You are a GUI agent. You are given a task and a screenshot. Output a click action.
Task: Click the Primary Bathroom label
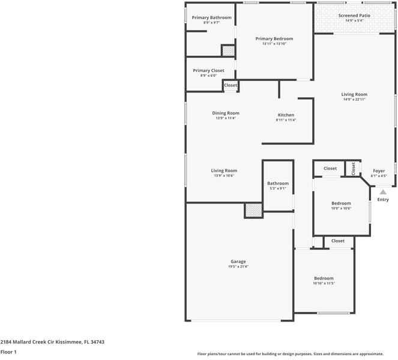(x=211, y=17)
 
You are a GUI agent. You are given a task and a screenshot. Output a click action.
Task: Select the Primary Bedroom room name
(x=274, y=38)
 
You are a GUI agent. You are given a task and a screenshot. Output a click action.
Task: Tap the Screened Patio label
(x=354, y=16)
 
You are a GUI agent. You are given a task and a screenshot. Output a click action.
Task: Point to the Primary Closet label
(x=208, y=71)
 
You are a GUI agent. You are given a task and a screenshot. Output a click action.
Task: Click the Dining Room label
(x=226, y=113)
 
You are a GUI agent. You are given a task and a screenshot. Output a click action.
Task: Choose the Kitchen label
(x=286, y=115)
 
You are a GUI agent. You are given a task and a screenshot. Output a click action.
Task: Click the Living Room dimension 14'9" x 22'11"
(x=354, y=100)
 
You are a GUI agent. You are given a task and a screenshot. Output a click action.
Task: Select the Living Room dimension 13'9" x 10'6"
(x=224, y=176)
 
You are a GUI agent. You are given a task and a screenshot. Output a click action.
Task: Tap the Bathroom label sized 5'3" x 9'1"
(x=278, y=184)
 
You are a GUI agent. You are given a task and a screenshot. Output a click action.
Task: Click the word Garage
(x=238, y=262)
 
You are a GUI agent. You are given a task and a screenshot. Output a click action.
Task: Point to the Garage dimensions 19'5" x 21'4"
(x=238, y=266)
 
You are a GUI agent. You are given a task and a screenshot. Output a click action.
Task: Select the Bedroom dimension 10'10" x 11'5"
(x=324, y=283)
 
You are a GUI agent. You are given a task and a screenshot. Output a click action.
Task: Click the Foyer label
(x=379, y=171)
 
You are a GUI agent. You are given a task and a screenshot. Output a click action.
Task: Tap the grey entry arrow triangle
(x=382, y=192)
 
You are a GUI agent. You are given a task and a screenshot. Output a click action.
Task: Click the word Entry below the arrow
(x=383, y=200)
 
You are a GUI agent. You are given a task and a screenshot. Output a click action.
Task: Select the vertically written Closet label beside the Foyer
(x=354, y=169)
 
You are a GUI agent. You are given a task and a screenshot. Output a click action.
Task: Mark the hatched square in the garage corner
(x=253, y=210)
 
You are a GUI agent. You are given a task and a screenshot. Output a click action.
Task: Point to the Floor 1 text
(x=8, y=352)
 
